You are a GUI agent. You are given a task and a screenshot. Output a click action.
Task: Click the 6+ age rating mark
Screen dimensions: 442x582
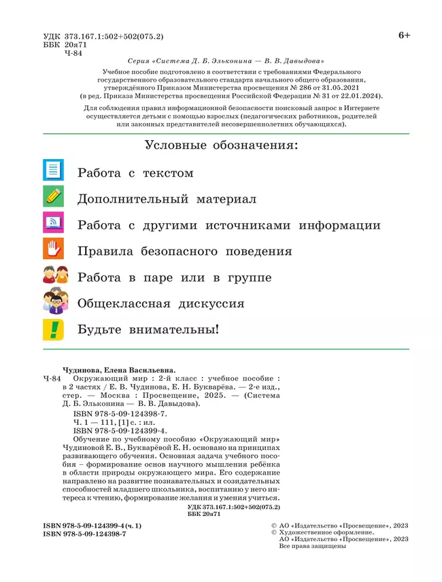pos(404,35)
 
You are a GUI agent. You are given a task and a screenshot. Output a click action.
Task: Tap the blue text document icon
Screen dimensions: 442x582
pos(53,170)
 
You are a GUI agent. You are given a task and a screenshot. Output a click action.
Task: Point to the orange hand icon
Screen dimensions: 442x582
pos(53,249)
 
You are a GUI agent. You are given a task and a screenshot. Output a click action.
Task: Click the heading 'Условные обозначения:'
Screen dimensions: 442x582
pos(222,145)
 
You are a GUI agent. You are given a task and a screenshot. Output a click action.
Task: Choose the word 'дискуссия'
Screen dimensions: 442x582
pos(205,304)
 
